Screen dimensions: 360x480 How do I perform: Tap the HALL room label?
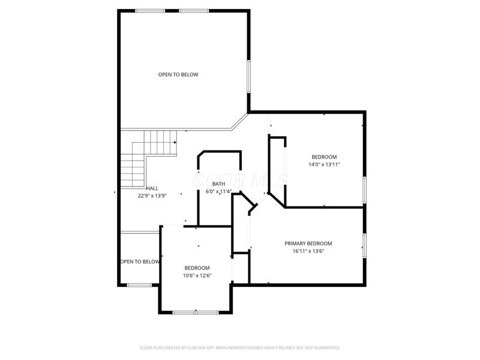pos(152,188)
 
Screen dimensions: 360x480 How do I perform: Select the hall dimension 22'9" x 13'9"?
pos(152,196)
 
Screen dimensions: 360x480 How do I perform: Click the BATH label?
pos(218,184)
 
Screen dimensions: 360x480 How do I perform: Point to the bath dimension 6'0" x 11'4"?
pos(218,192)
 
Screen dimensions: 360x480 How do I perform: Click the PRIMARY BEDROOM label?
pos(308,244)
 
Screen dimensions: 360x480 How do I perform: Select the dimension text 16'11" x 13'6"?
pos(308,251)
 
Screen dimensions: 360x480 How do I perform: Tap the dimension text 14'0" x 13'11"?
pos(324,164)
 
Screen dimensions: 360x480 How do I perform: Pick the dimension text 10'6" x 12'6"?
pos(197,275)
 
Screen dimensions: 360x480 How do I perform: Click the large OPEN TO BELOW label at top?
pos(178,74)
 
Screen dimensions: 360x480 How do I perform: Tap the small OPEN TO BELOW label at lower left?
pos(139,262)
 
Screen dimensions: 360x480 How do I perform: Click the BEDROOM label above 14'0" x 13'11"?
pos(324,157)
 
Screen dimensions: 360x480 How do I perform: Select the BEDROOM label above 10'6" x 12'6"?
pos(197,268)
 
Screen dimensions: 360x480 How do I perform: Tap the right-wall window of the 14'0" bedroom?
pos(364,188)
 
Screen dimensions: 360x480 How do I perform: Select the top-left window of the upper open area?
pos(149,11)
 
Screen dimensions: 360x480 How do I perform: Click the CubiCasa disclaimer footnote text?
pos(240,347)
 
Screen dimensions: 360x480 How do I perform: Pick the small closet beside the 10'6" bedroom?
pos(240,268)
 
